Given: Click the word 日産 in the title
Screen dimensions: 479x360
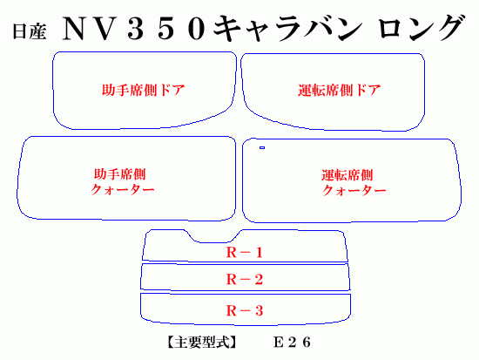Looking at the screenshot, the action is [x=30, y=31].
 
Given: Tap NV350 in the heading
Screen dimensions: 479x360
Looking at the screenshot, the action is [x=133, y=29].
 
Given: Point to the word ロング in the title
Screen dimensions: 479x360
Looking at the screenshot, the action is [x=422, y=28].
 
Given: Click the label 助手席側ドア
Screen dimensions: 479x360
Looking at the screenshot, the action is [x=144, y=91].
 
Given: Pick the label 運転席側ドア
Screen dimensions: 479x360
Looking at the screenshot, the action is [x=340, y=91].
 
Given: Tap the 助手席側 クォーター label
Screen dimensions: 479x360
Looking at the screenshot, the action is [x=122, y=181].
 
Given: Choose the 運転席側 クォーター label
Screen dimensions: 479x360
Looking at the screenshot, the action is [x=354, y=182].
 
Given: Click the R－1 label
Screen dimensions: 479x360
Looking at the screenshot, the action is [x=245, y=252].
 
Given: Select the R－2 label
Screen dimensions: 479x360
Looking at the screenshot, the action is [x=245, y=279].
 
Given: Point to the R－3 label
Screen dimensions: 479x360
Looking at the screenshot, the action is [x=245, y=311].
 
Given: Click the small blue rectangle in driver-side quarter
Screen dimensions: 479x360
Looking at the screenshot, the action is [x=262, y=147].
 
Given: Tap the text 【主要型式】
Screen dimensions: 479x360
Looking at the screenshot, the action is [x=202, y=343].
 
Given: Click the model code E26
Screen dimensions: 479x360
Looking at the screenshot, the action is [x=293, y=343].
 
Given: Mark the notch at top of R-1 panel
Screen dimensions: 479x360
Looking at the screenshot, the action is [x=213, y=242].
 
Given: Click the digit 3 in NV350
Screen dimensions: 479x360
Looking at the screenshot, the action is [x=136, y=29].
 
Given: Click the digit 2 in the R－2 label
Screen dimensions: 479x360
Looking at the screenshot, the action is [x=259, y=279].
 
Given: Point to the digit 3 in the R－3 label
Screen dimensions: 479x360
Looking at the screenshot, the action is [x=259, y=311].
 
